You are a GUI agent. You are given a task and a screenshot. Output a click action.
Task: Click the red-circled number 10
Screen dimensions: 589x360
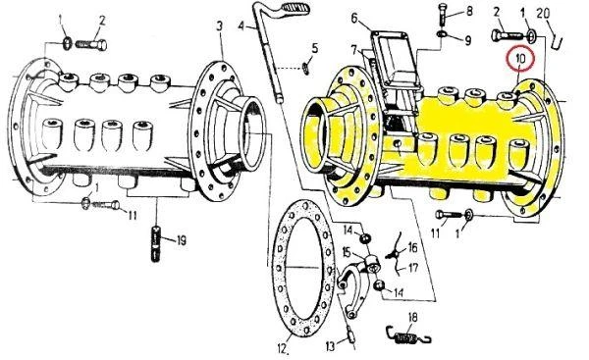(x=520, y=58)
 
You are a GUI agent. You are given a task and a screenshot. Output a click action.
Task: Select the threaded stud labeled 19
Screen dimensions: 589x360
(x=155, y=243)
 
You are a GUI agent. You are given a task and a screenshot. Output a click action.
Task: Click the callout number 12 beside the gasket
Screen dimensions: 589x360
(x=283, y=349)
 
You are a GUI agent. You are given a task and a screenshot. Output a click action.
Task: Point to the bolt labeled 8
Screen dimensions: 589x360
(x=445, y=15)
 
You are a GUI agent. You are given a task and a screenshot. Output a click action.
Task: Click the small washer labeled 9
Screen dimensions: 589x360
(x=442, y=33)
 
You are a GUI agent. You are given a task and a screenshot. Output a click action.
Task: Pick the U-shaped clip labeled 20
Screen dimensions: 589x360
(x=557, y=40)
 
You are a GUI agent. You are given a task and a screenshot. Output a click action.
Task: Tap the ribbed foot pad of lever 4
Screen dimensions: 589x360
(x=295, y=8)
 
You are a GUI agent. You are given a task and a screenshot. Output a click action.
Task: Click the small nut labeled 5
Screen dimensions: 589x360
(x=306, y=69)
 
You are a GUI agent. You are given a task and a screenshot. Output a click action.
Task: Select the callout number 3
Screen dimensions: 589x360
(x=219, y=26)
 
